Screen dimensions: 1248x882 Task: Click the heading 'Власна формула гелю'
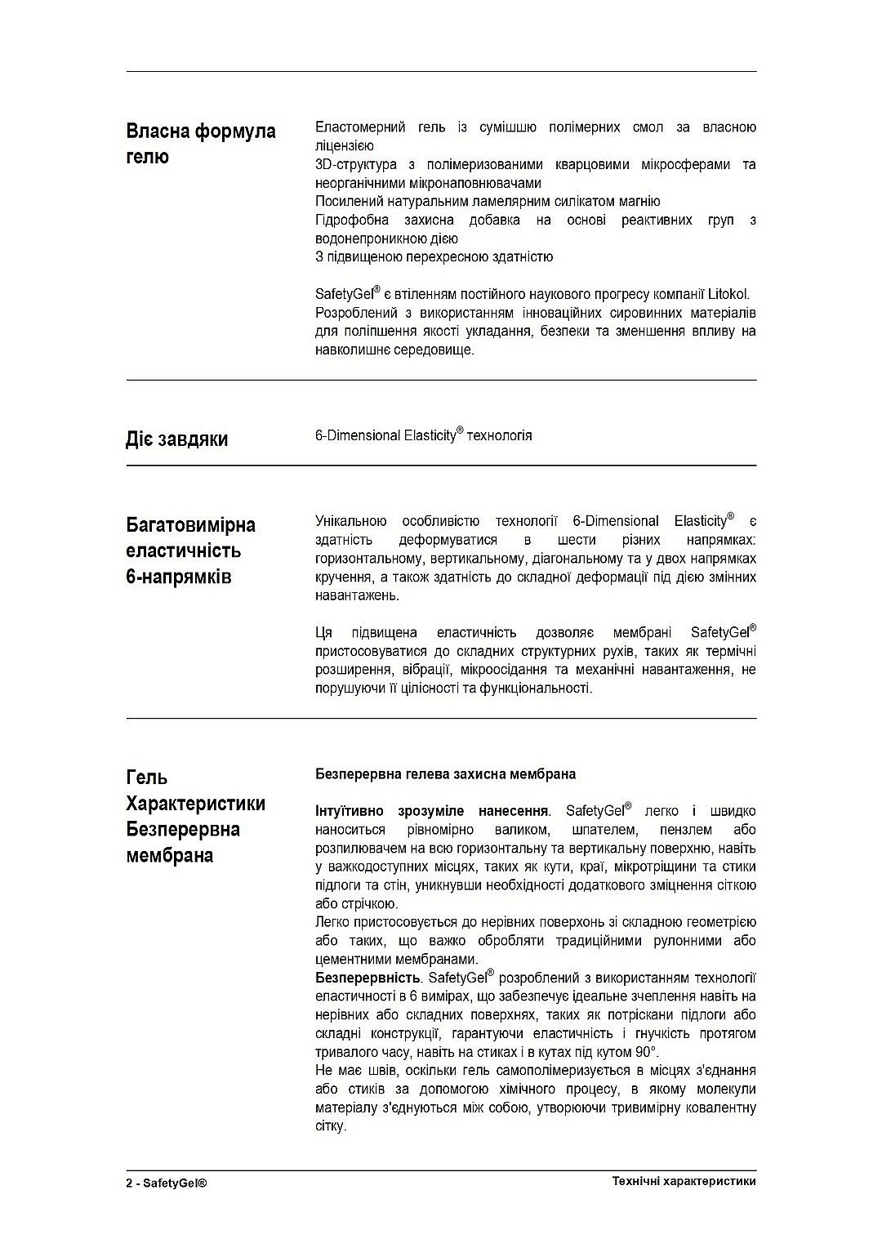click(x=201, y=144)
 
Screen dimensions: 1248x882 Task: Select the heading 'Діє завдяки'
click(x=176, y=439)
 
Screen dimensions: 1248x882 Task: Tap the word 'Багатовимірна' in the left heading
click(x=190, y=524)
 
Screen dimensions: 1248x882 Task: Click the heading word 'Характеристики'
click(x=195, y=804)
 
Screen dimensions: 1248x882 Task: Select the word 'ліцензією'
click(x=344, y=146)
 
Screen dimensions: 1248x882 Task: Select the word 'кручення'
click(x=341, y=577)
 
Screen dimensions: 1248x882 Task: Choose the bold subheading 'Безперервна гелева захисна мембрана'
click(x=445, y=774)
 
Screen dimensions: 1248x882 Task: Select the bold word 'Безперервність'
click(x=367, y=978)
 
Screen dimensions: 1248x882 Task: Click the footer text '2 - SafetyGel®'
click(x=167, y=1183)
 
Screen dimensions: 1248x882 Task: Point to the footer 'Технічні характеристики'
click(x=684, y=1181)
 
